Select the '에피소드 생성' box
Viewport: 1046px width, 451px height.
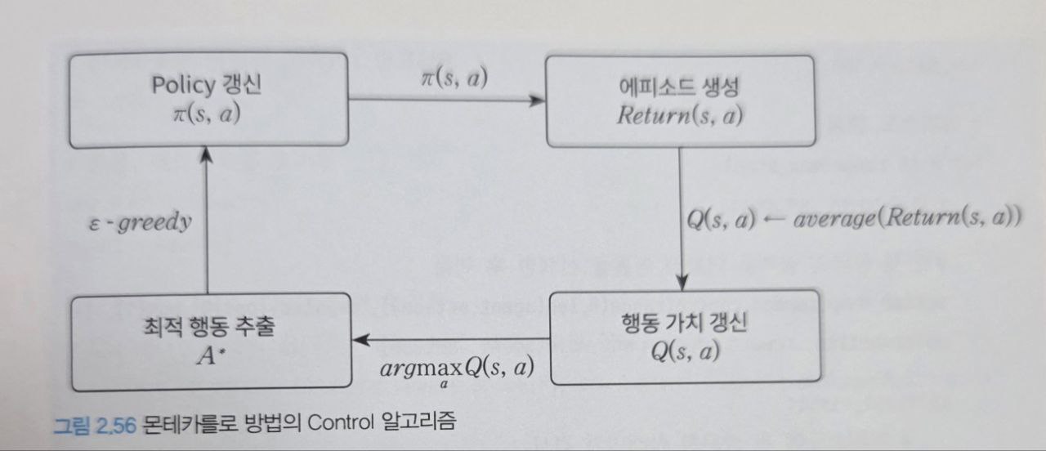pyautogui.click(x=679, y=101)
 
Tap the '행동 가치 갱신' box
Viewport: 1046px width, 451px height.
pyautogui.click(x=684, y=336)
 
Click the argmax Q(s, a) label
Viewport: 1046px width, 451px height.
pyautogui.click(x=457, y=368)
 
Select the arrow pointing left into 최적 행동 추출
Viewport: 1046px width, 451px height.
pyautogui.click(x=450, y=339)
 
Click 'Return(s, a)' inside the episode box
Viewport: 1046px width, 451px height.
pyautogui.click(x=679, y=115)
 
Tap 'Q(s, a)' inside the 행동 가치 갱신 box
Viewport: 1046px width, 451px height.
pyautogui.click(x=684, y=351)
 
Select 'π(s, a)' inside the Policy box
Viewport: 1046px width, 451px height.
pyautogui.click(x=208, y=114)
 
